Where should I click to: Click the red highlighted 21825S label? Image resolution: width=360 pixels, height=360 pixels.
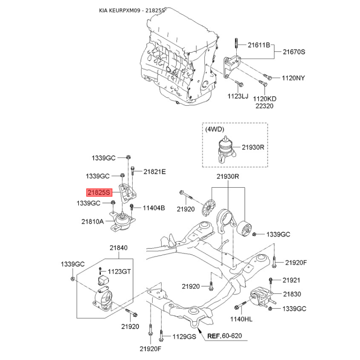(99, 192)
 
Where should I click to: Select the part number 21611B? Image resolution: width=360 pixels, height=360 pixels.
(258, 45)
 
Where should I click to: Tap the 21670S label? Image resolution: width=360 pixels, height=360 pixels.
(294, 52)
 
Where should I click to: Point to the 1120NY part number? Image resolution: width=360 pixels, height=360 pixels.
(293, 78)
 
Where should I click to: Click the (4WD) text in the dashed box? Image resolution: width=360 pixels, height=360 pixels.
(215, 130)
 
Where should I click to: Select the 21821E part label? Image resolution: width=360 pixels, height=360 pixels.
(155, 171)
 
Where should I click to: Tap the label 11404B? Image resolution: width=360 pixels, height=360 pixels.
(154, 208)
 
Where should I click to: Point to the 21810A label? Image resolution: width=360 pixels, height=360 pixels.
(92, 221)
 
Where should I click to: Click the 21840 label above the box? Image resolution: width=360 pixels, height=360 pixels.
(118, 248)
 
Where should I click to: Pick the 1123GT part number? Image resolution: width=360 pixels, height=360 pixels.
(119, 271)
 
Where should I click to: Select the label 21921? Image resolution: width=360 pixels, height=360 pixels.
(291, 280)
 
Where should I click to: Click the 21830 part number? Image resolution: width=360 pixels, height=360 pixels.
(292, 294)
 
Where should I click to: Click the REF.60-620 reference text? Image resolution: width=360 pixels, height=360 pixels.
(225, 336)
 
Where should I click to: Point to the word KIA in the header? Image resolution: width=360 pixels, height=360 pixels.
(104, 10)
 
